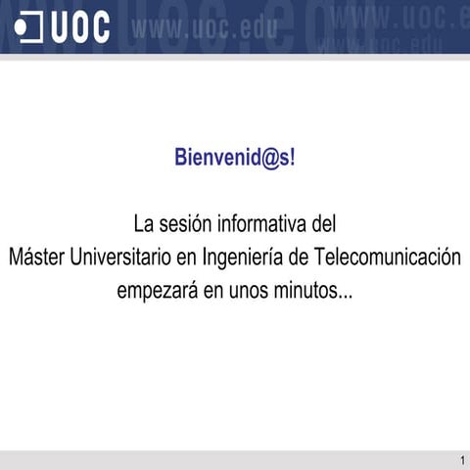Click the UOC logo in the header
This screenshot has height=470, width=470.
point(64,27)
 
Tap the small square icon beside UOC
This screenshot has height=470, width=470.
point(30,27)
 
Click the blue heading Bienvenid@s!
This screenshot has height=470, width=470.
point(234,158)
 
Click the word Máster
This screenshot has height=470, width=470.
point(36,258)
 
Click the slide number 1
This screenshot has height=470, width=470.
point(460,460)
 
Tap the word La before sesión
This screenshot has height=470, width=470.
point(143,224)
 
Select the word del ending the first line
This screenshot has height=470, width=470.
point(323,224)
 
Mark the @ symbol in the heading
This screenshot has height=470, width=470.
point(261,158)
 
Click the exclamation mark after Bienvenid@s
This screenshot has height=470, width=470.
point(291,158)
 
